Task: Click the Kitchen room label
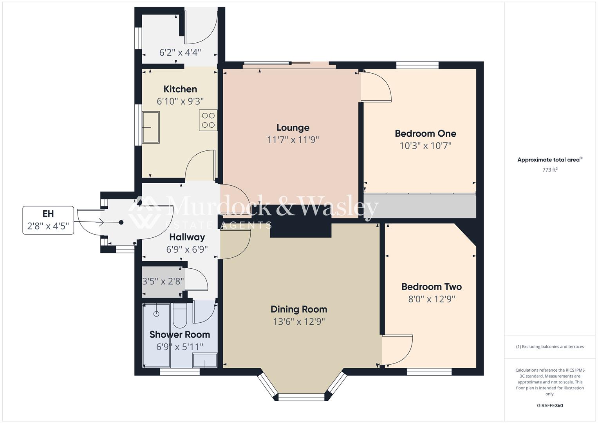point(180,89)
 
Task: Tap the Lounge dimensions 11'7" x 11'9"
point(293,140)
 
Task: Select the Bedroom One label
point(425,134)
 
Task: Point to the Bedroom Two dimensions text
point(431,299)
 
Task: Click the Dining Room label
point(299,309)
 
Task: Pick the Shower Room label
point(180,334)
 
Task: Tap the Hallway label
point(187,237)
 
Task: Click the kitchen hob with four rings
point(208,120)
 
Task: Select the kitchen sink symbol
point(151,127)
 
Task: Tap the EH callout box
point(48,220)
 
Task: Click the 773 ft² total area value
point(550,170)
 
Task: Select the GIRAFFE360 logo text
point(550,406)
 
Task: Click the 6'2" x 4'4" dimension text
point(180,52)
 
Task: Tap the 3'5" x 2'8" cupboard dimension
point(163,281)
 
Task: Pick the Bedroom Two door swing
point(398,349)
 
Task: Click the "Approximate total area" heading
point(550,160)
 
